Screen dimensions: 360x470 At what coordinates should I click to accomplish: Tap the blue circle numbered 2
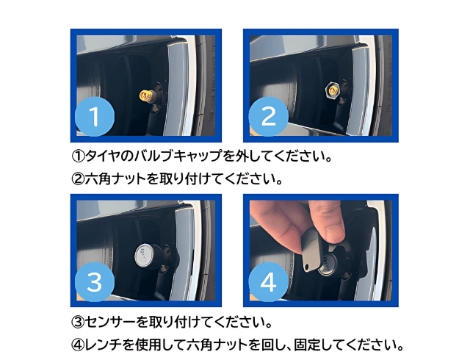point(267,116)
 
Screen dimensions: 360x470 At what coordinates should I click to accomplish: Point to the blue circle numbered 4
point(267,281)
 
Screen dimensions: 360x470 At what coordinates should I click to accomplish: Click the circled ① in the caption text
point(79,157)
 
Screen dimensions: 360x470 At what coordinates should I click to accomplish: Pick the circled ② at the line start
point(79,179)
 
